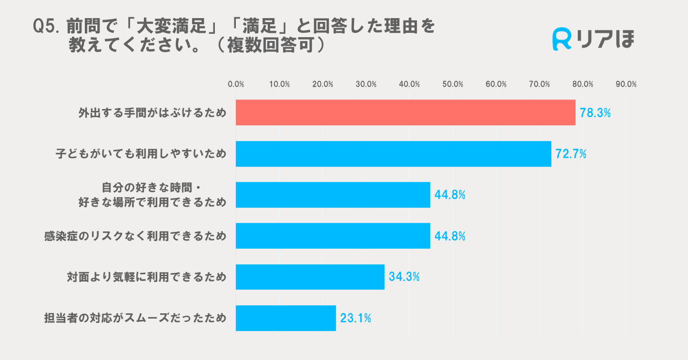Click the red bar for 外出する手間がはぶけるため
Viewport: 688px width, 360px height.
(x=405, y=112)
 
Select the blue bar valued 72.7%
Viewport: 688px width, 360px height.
(x=394, y=154)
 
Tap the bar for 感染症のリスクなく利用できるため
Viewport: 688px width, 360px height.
(x=333, y=236)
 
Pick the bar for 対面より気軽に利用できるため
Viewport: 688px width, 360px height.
(x=310, y=277)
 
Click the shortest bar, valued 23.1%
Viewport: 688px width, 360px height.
(x=286, y=318)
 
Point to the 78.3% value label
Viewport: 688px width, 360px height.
(x=595, y=113)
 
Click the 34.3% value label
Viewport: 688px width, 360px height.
(x=404, y=277)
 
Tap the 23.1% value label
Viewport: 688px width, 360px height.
(x=355, y=318)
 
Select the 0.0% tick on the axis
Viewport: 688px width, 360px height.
(x=236, y=84)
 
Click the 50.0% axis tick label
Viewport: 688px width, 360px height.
(x=453, y=84)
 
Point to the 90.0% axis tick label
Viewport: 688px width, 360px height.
(x=626, y=84)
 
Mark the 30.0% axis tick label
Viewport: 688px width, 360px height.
(x=366, y=84)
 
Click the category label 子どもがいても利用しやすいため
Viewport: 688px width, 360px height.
(x=141, y=154)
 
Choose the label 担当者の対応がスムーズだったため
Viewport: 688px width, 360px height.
(x=135, y=318)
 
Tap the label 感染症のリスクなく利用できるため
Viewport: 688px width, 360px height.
(x=135, y=236)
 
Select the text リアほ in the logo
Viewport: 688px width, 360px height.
(x=607, y=39)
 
